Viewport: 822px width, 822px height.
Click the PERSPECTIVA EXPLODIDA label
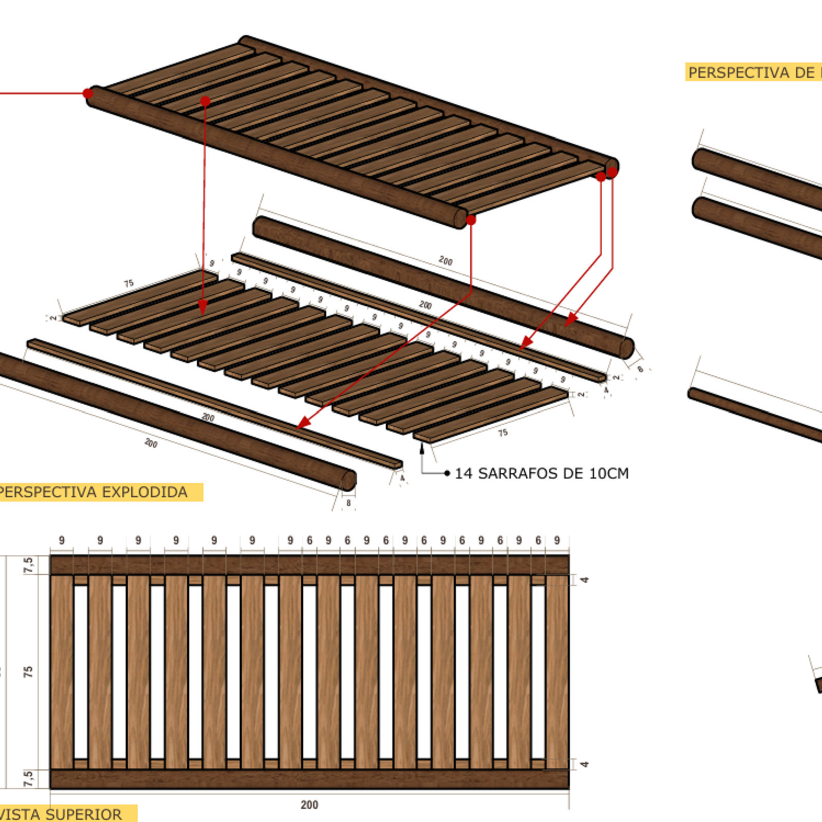(x=94, y=492)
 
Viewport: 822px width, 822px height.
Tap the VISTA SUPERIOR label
(x=62, y=814)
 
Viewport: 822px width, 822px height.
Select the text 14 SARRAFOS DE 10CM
(x=541, y=473)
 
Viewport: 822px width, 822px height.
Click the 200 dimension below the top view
(x=309, y=805)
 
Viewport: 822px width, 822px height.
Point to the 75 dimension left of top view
(x=28, y=671)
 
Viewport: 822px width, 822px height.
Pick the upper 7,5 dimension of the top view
(x=28, y=565)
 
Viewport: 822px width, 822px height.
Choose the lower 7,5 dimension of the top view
(x=28, y=778)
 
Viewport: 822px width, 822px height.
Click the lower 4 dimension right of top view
(x=584, y=764)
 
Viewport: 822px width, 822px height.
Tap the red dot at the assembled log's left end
(x=88, y=94)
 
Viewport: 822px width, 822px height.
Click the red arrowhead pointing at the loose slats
(x=202, y=308)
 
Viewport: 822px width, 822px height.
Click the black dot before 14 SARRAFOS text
(x=447, y=473)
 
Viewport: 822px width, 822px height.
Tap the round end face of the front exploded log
(x=349, y=480)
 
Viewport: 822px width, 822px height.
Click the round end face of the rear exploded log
(x=626, y=348)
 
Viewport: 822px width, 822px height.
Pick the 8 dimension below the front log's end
(x=349, y=503)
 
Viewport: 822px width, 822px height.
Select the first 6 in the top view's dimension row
(x=309, y=540)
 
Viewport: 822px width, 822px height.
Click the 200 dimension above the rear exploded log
(x=445, y=261)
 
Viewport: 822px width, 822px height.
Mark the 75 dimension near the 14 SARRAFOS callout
(x=502, y=433)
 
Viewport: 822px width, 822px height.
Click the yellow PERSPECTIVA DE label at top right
(x=753, y=72)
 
